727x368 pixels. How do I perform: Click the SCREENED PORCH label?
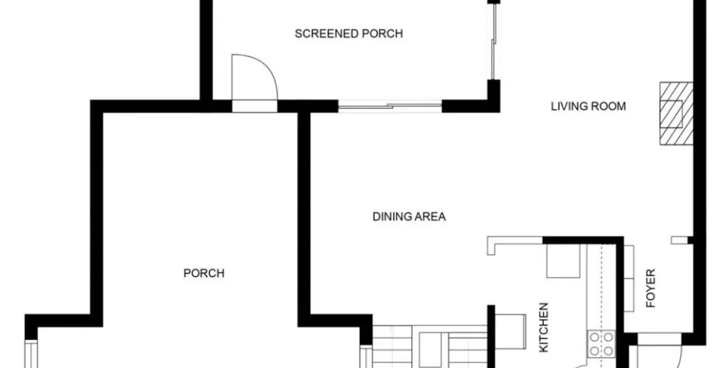(x=348, y=34)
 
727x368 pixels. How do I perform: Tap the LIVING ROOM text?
(x=588, y=106)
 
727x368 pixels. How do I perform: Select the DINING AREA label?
(x=409, y=217)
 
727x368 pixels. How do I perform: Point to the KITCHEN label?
(x=544, y=327)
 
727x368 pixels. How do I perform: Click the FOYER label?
(x=651, y=289)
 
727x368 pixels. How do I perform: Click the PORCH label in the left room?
(x=203, y=273)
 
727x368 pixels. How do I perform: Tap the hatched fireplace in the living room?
(x=676, y=114)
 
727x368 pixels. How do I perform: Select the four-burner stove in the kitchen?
(x=601, y=344)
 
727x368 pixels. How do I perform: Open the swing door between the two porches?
(x=254, y=81)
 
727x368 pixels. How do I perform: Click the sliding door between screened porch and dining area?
(x=390, y=106)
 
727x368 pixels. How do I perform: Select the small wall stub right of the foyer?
(x=680, y=240)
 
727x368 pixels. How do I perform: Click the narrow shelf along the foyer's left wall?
(x=629, y=278)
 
